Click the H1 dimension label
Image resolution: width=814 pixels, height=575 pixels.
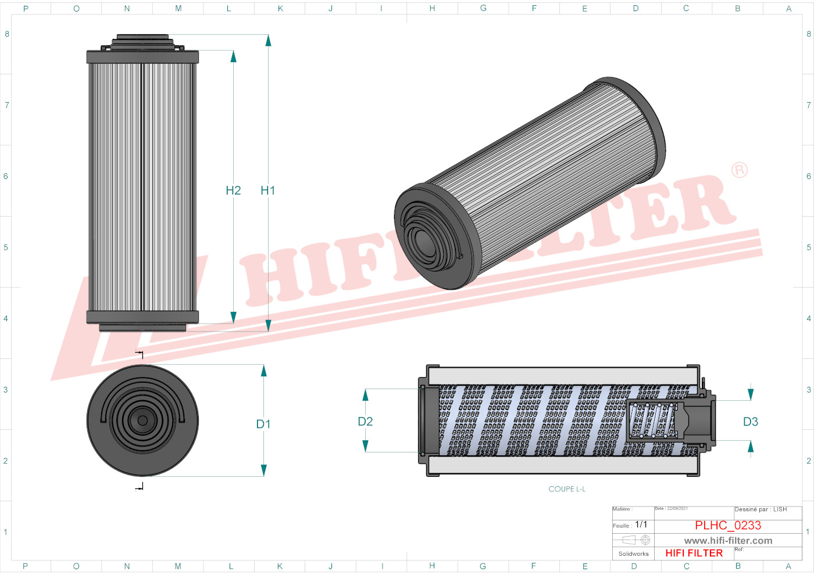267,191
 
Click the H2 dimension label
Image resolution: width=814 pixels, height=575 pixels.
233,191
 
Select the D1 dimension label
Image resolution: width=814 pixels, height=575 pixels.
263,425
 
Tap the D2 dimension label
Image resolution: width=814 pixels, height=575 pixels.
365,422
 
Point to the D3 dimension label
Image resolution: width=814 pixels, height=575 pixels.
751,422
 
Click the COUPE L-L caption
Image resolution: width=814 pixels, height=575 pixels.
567,489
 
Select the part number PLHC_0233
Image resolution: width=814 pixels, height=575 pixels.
727,526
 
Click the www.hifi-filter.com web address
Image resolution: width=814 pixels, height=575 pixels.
728,541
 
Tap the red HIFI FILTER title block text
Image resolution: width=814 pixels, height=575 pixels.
694,554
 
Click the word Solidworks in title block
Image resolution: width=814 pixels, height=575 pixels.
633,554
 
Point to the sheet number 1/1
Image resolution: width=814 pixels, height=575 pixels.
641,524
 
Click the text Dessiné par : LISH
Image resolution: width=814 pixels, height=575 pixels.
761,509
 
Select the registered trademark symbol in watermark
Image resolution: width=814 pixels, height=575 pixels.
740,170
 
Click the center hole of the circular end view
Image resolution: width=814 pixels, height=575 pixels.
142,421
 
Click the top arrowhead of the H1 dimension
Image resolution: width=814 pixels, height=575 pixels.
268,40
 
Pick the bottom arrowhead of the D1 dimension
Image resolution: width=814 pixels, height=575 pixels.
263,470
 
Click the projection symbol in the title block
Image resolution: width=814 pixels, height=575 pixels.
637,540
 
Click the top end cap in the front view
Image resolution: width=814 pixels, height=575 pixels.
142,57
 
